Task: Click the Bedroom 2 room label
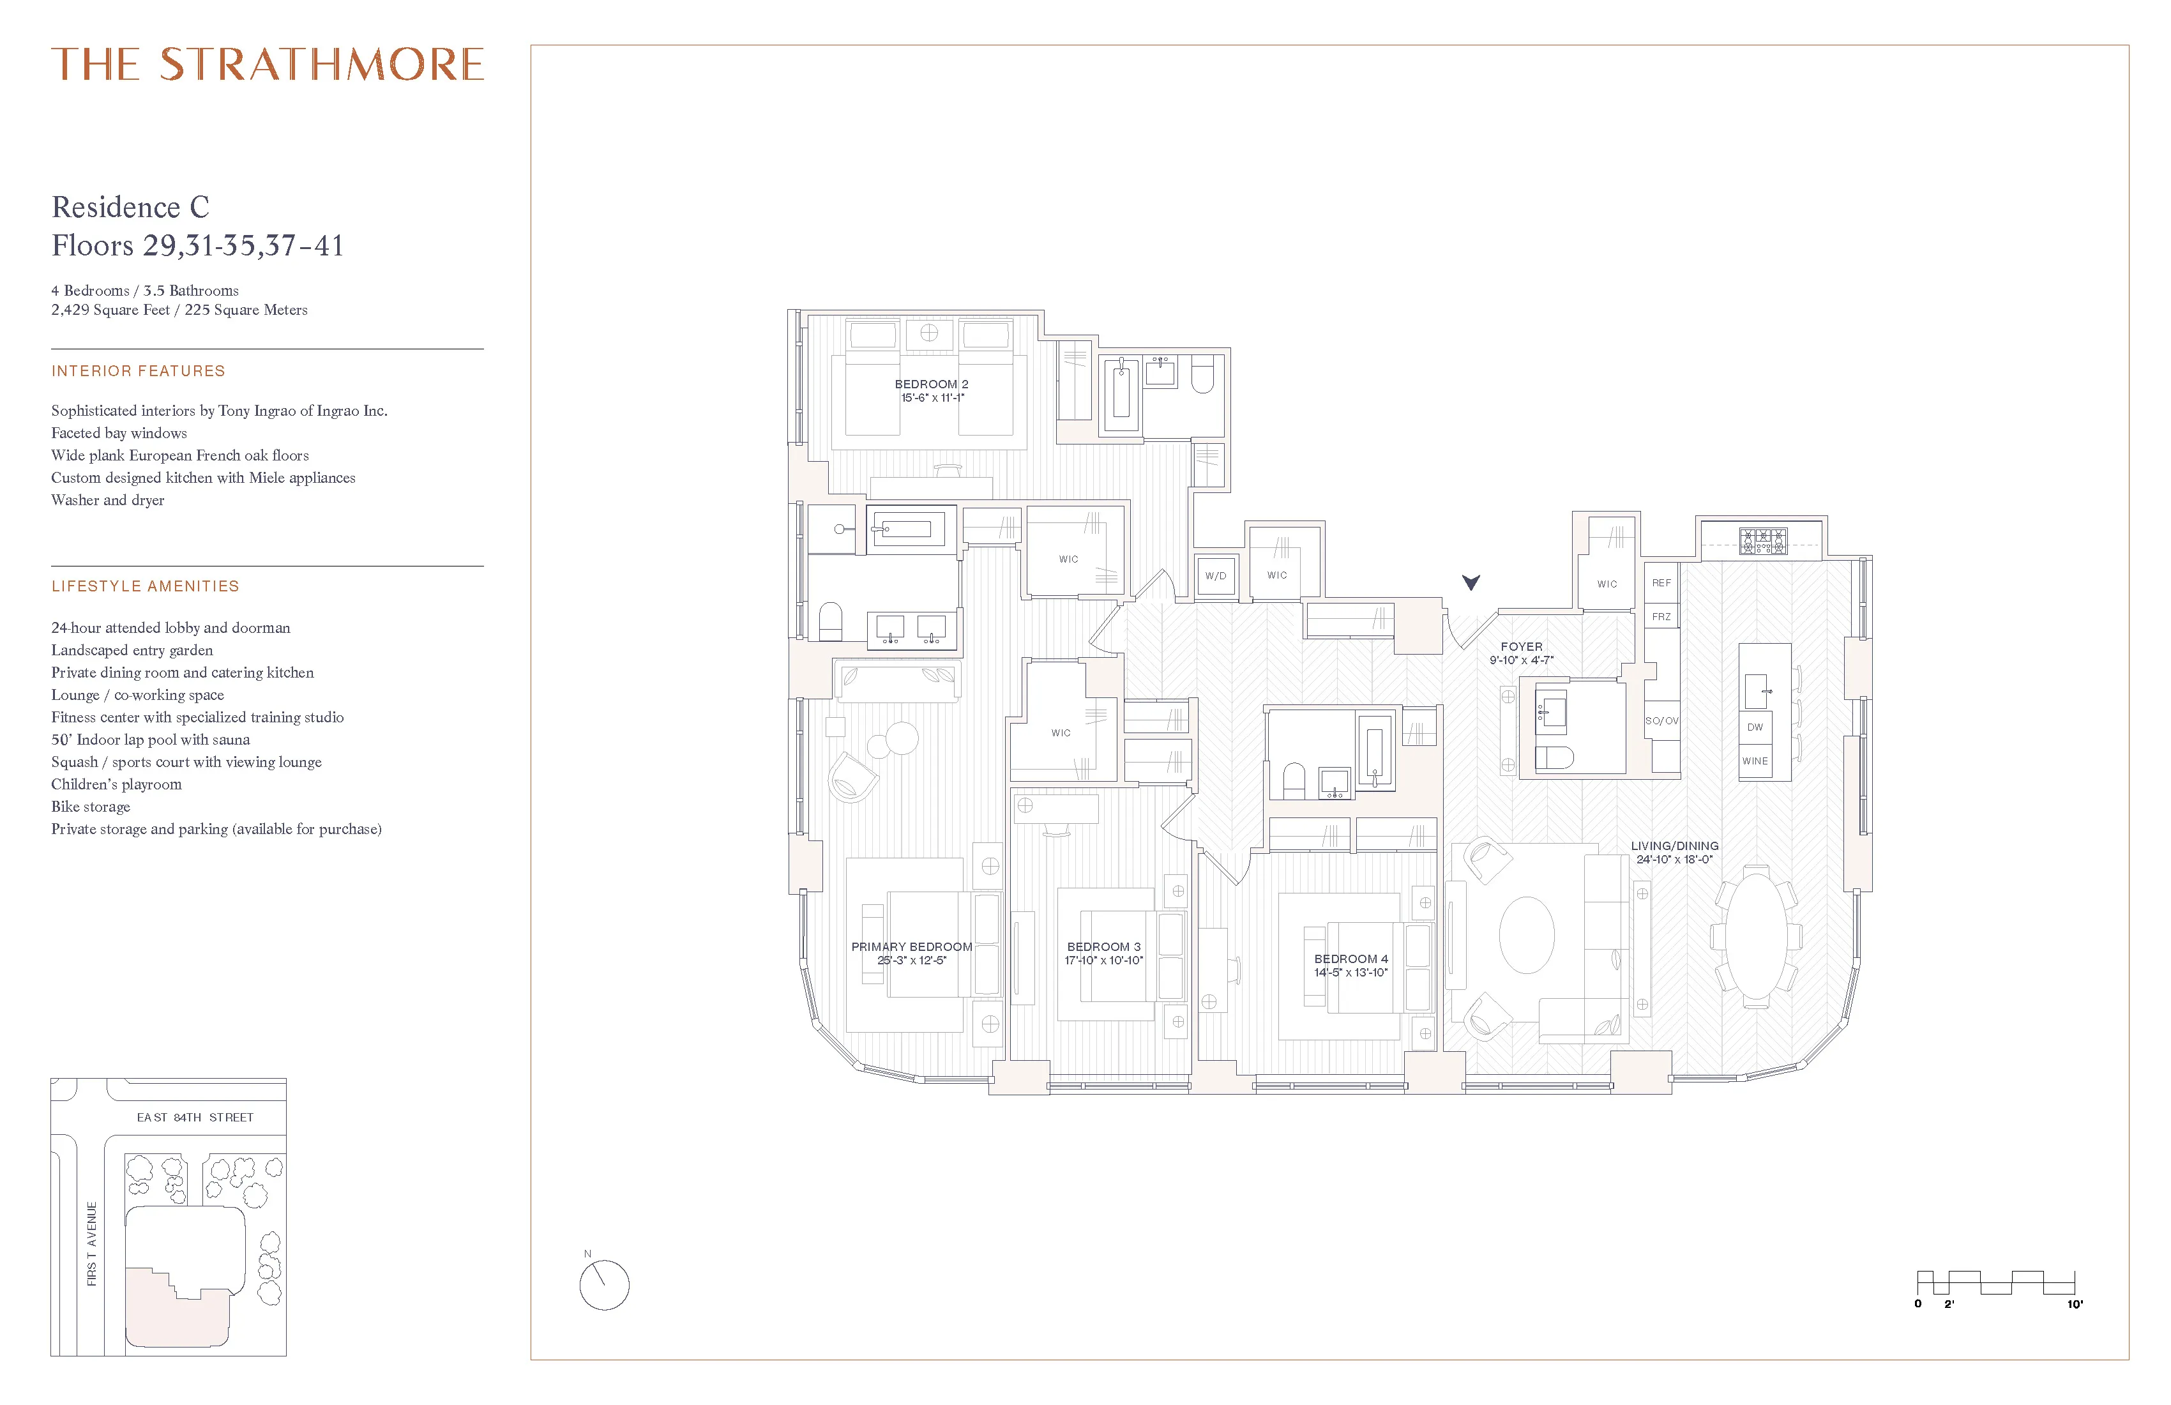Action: coord(932,384)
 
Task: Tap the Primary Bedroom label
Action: coord(911,947)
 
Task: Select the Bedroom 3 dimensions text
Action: coord(1104,961)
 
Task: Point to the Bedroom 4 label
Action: coord(1351,959)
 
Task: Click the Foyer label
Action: coord(1522,646)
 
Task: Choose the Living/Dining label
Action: coord(1675,846)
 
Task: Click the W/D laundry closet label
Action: coord(1215,575)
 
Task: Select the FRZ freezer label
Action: coord(1661,617)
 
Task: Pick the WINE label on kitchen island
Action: coord(1755,761)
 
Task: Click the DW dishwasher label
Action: coord(1755,727)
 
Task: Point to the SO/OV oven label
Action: coord(1661,721)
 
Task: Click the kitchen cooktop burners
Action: coord(1763,541)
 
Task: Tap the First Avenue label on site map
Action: coord(92,1243)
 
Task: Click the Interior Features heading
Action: coord(139,371)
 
